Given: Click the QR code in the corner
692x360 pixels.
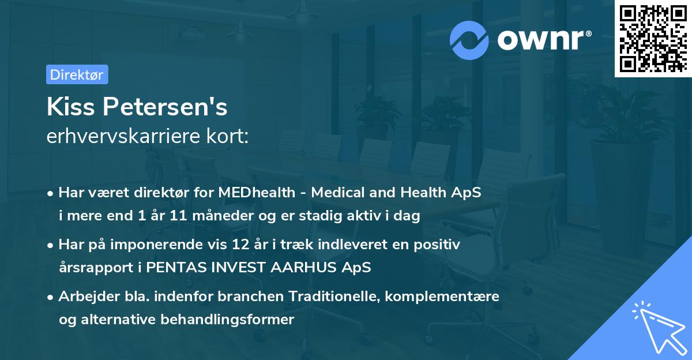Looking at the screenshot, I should click(653, 39).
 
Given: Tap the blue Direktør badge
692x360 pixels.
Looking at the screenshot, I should click(77, 74).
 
